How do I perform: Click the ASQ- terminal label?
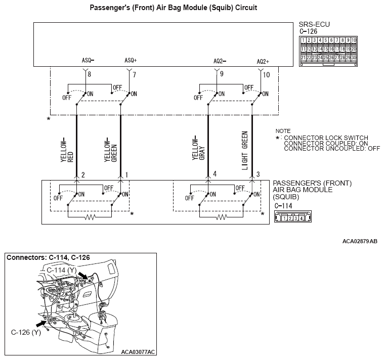click(88, 60)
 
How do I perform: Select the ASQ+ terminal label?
click(131, 60)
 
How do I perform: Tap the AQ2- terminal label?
click(220, 61)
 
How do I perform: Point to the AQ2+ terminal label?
click(263, 61)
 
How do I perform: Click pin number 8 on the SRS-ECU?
click(89, 75)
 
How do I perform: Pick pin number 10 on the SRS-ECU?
click(267, 75)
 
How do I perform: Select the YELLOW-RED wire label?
click(67, 149)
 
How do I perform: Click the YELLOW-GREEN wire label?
click(110, 149)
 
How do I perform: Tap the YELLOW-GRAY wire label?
click(198, 149)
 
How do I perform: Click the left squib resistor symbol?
click(90, 217)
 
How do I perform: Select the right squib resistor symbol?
click(221, 217)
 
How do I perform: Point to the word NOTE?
click(283, 131)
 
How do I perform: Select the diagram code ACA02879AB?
click(360, 242)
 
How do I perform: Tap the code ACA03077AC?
click(138, 351)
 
